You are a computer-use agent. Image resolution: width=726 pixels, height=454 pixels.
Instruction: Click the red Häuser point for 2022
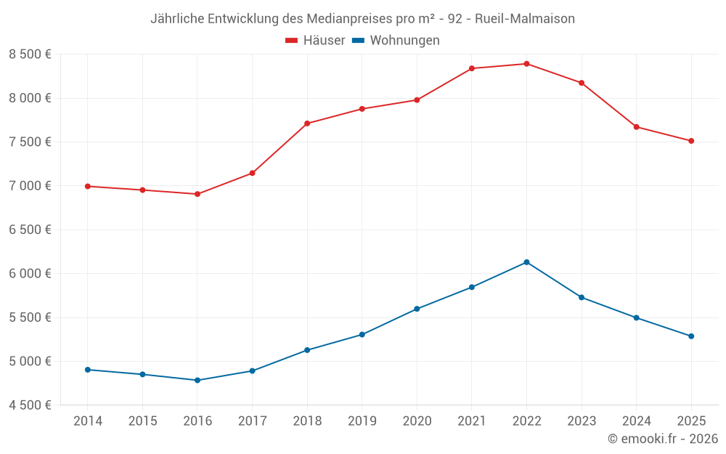tap(526, 64)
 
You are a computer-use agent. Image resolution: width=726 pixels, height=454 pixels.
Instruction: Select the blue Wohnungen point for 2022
tap(526, 262)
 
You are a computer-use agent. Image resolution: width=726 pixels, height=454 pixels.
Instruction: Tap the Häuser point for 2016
tap(197, 194)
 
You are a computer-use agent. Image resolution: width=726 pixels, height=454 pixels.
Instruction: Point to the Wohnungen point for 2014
tap(88, 370)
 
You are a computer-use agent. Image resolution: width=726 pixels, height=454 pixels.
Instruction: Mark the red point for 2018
tap(307, 123)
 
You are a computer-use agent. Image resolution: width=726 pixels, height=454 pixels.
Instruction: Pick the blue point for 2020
tap(417, 309)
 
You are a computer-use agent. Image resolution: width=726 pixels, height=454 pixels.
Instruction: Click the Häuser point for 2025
tap(691, 141)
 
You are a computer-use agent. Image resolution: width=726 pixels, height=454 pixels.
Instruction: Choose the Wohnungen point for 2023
tap(582, 297)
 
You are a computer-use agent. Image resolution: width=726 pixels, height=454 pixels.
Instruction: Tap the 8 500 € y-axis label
tap(30, 54)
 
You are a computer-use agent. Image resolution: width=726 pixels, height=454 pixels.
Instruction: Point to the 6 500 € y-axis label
tap(30, 230)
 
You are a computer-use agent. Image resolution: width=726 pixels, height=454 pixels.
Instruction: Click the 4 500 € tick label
tap(30, 405)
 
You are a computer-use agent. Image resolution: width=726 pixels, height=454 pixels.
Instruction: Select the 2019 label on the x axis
tap(362, 421)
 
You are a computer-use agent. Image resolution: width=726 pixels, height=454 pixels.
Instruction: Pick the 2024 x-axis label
tap(636, 421)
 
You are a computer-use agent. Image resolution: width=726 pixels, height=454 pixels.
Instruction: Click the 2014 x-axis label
tap(88, 421)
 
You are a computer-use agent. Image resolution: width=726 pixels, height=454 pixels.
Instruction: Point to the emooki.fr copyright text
tap(662, 439)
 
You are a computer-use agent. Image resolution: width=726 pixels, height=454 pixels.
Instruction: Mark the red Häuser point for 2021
tap(472, 68)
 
